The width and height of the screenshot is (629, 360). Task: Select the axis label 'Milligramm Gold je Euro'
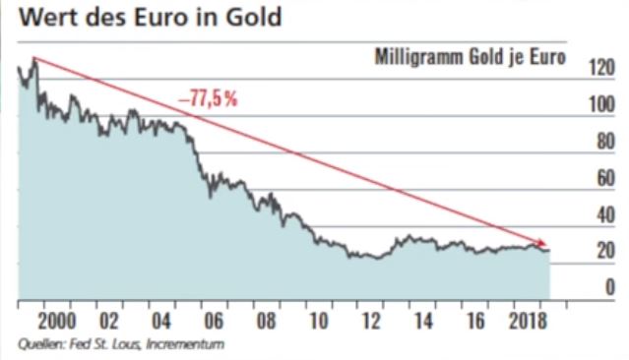(471, 57)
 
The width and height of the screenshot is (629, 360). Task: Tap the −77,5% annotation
(209, 98)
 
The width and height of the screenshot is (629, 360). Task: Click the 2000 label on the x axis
(58, 321)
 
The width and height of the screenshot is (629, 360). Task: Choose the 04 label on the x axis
(161, 321)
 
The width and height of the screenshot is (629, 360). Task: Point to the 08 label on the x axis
(265, 321)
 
